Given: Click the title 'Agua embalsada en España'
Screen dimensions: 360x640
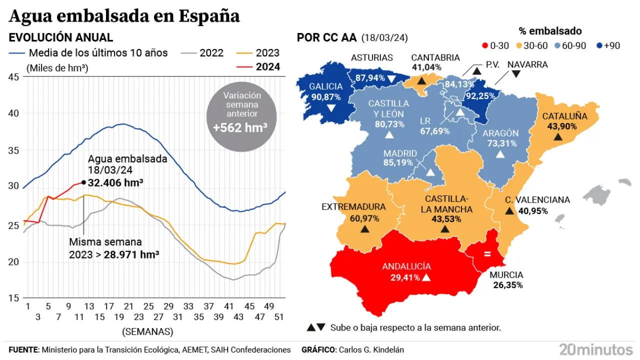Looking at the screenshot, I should pos(124,16).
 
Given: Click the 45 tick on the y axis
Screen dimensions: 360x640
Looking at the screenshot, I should pos(13,76).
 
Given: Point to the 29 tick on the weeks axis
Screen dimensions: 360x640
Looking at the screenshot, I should pos(168,306).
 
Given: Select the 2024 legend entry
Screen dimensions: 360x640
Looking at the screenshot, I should pos(267,67).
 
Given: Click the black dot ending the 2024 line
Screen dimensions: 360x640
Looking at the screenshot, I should pos(83,182).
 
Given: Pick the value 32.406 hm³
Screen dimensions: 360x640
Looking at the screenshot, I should pos(115,183).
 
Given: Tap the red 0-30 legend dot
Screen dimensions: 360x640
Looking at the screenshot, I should pos(484,45).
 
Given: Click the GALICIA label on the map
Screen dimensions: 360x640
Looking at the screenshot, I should pos(325,86).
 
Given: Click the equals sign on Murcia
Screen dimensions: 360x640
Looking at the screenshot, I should pos(487,254).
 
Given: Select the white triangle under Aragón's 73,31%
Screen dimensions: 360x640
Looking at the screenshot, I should pos(500,154).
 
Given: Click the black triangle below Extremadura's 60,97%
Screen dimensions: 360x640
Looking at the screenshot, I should pos(364,229).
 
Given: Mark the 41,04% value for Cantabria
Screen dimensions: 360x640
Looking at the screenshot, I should pos(426,67).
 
